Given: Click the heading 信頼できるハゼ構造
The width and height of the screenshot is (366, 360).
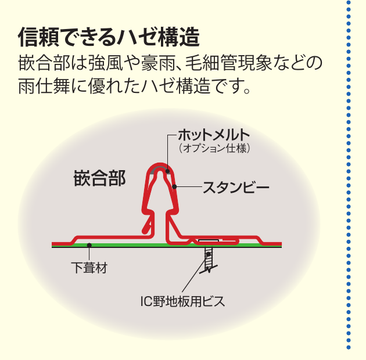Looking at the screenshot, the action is click(109, 37).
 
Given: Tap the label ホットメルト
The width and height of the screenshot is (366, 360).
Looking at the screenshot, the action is click(214, 135).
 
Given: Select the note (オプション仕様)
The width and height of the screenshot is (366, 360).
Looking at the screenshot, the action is click(214, 148).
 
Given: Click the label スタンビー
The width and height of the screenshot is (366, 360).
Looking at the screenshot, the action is click(236, 188).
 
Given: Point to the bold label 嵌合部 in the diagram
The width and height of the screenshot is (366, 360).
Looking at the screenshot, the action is click(100, 178).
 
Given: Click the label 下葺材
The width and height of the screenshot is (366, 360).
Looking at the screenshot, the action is click(89, 268).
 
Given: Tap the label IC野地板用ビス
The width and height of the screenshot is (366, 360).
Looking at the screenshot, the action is click(183, 301).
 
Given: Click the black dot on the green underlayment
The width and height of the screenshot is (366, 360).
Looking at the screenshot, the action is click(89, 245).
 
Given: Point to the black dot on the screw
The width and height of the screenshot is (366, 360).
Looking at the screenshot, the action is click(209, 254).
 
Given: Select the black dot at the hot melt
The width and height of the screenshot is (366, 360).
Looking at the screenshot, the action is click(167, 171).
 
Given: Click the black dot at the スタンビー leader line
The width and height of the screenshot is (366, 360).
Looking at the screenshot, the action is click(174, 186).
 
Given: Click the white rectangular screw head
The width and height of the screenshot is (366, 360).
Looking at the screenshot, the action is click(209, 240).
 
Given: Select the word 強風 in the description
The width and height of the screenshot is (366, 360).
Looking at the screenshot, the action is click(106, 63).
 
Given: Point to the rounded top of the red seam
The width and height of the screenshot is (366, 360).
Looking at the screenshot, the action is click(160, 165).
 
